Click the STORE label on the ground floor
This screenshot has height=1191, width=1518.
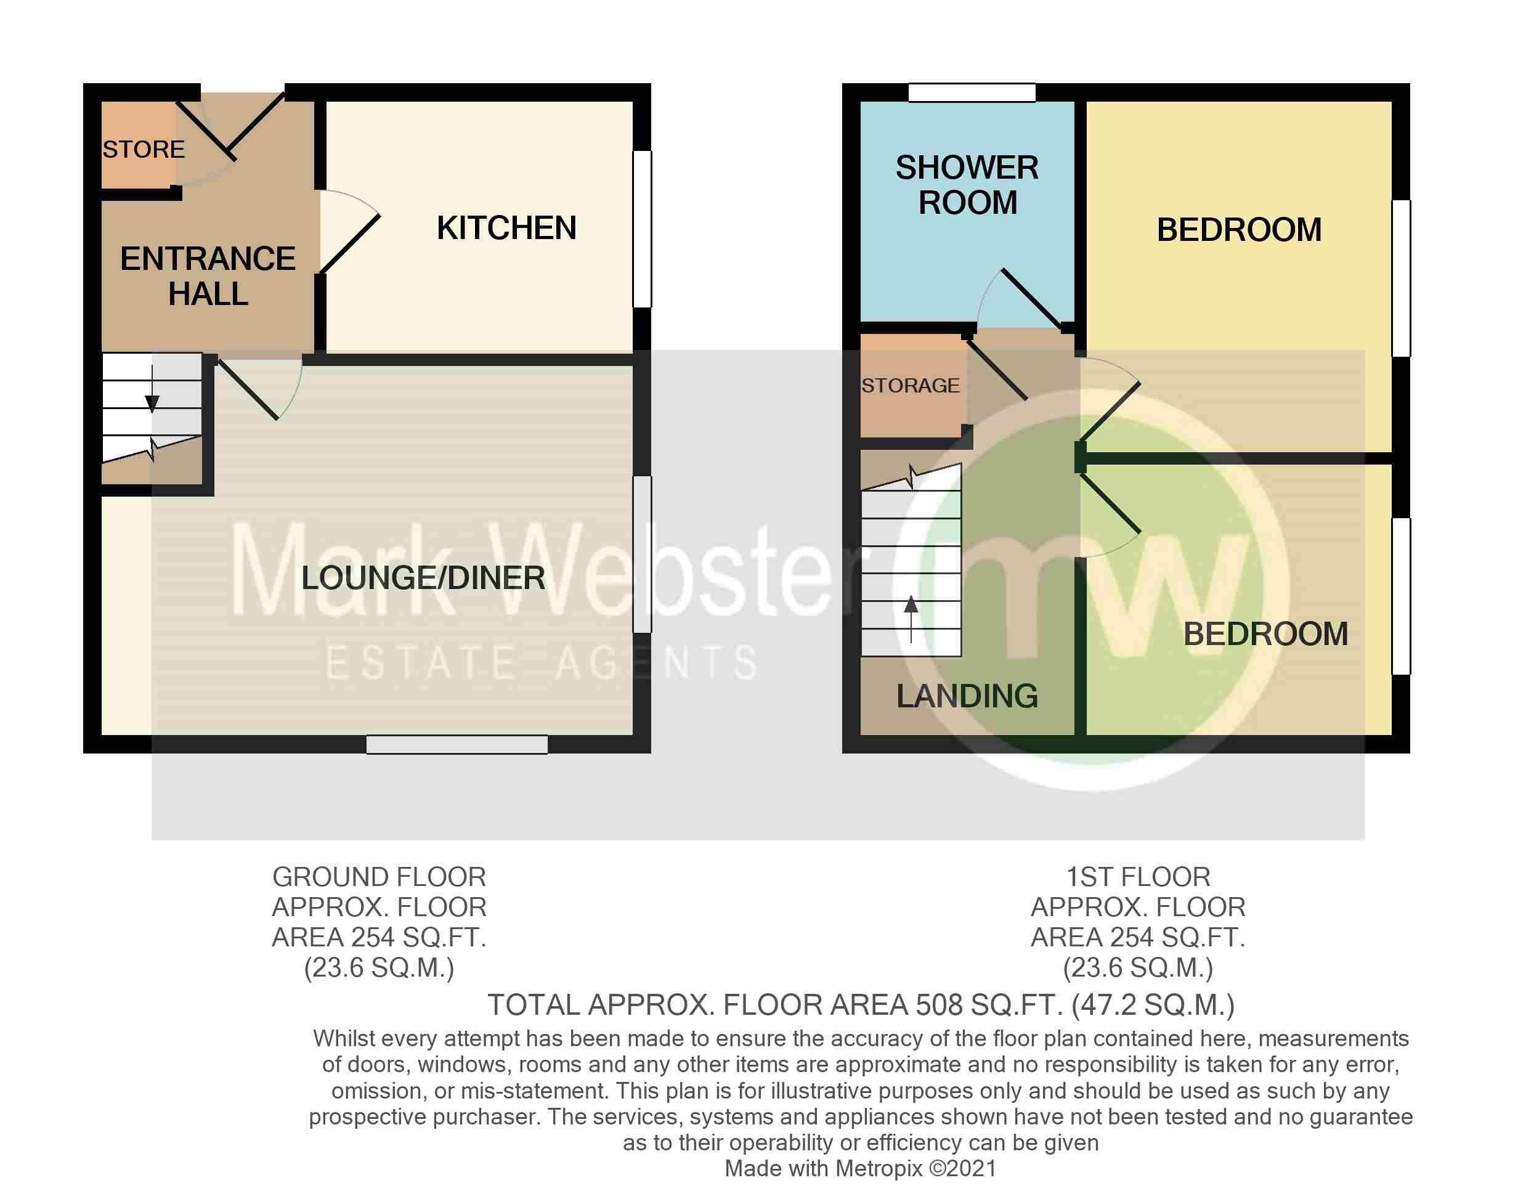tap(144, 149)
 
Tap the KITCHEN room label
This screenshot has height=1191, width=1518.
tap(506, 228)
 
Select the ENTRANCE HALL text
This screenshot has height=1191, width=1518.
tap(208, 276)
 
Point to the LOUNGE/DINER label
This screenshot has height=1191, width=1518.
tap(423, 578)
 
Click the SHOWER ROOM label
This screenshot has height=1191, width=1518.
tap(967, 185)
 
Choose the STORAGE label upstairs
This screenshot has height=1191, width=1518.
tap(910, 386)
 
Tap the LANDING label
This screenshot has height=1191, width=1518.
tap(967, 696)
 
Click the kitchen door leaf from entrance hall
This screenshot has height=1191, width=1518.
tap(350, 243)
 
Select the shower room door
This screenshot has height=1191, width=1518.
tap(1031, 298)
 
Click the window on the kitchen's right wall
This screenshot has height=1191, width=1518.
tap(642, 229)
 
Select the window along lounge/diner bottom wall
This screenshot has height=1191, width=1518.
tap(457, 745)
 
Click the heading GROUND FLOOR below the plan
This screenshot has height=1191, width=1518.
tap(379, 877)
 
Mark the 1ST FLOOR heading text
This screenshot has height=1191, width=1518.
tap(1138, 877)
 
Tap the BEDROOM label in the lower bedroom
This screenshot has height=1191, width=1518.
tap(1265, 634)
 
